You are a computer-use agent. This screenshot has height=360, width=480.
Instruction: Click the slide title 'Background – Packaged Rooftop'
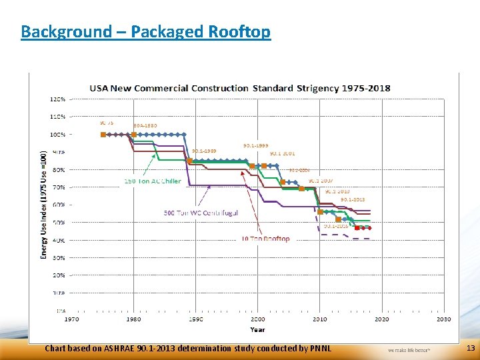pos(145,31)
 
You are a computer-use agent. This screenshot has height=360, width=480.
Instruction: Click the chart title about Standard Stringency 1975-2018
pos(241,88)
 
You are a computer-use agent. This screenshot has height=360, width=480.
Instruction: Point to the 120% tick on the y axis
pos(58,99)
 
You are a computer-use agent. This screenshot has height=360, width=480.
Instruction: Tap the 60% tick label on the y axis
pos(58,205)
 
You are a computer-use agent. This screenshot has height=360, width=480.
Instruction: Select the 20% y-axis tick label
pos(58,275)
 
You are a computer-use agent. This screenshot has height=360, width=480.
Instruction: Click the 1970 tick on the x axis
pos(71,319)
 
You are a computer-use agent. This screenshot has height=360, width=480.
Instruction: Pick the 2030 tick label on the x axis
pos(444,319)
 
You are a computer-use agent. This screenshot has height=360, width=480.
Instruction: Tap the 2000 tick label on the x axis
pos(257,319)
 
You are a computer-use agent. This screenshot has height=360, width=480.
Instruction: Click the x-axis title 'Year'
pos(257,329)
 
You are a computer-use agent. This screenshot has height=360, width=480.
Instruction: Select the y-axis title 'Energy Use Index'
pos(44,203)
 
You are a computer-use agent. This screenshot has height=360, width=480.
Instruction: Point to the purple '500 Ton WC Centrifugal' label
pos(201,213)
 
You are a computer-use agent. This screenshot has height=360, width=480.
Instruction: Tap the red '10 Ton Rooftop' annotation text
pos(265,239)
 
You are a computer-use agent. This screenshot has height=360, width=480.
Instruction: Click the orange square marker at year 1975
pos(103,134)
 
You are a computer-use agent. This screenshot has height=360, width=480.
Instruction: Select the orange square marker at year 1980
pos(133,134)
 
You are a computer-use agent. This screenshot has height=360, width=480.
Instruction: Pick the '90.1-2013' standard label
pos(353,199)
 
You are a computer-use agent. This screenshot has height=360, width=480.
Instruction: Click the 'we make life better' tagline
pos(409,349)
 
